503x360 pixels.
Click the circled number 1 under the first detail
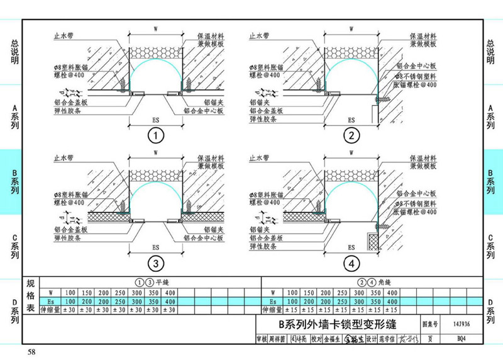(155, 135)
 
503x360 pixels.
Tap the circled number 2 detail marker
(350, 135)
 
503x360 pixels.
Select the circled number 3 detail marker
(155, 262)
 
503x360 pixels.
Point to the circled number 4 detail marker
(350, 262)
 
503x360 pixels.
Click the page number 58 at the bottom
(31, 351)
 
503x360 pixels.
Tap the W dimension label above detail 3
(155, 154)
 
